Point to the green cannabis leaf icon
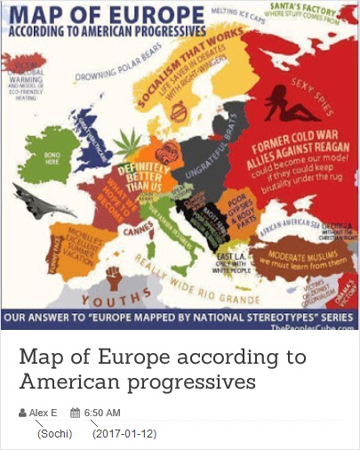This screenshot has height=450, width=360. [x=132, y=140]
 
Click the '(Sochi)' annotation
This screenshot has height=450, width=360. [x=54, y=434]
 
